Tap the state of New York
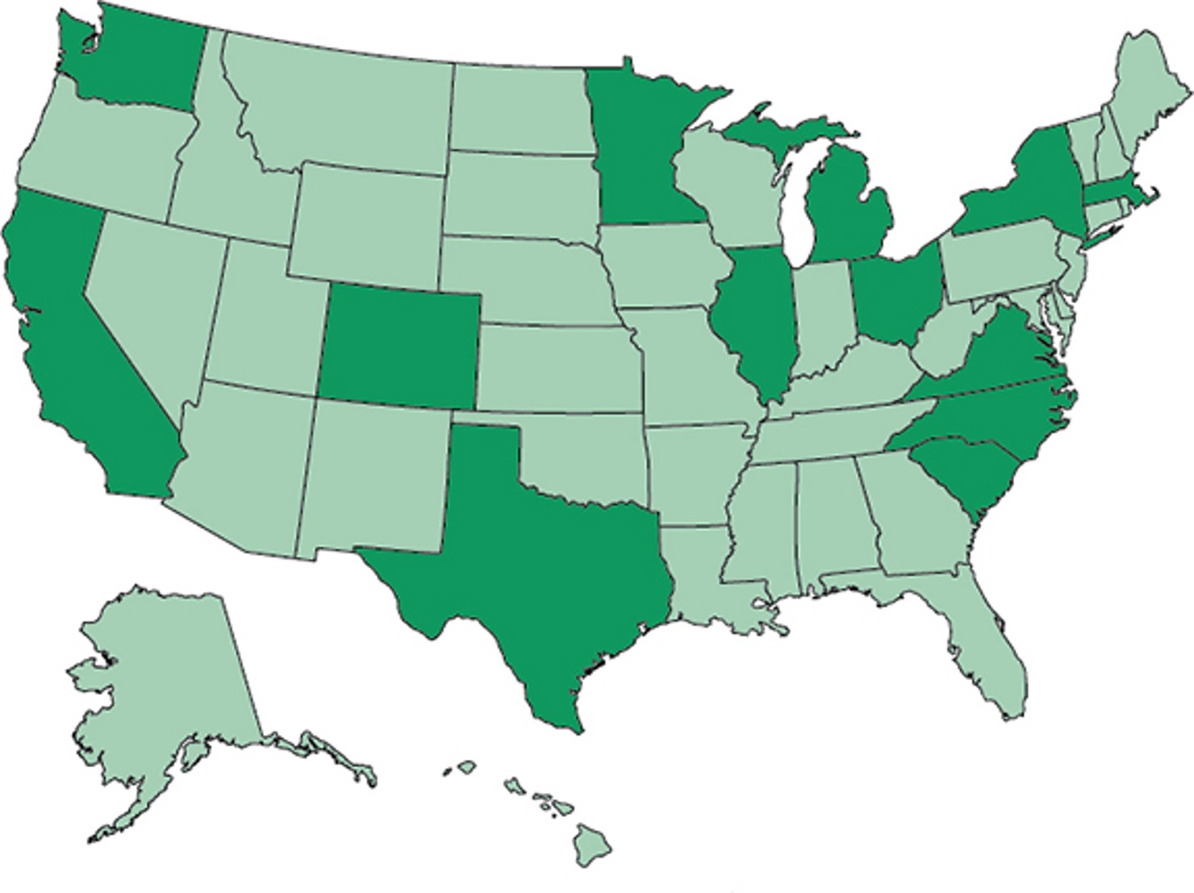(1025, 186)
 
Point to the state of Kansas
(557, 367)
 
